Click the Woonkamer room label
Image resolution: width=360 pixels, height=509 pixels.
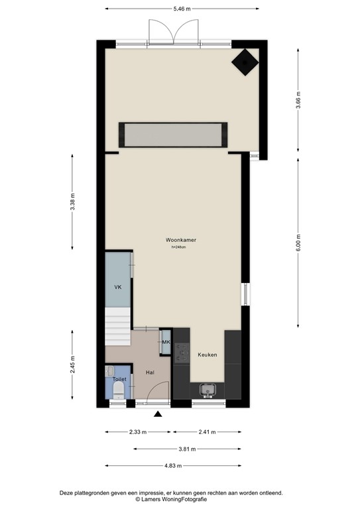[x=180, y=240]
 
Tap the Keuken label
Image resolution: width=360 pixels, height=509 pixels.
[x=207, y=355]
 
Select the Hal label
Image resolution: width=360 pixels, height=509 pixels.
[x=150, y=372]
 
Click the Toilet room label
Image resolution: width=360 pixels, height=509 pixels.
[x=119, y=379]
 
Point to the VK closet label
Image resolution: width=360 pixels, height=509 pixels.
[x=117, y=287]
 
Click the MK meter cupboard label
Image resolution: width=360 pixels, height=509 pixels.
[x=166, y=342]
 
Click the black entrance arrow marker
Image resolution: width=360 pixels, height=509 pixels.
[x=158, y=415]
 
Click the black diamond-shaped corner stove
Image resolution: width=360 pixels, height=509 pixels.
[x=245, y=63]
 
